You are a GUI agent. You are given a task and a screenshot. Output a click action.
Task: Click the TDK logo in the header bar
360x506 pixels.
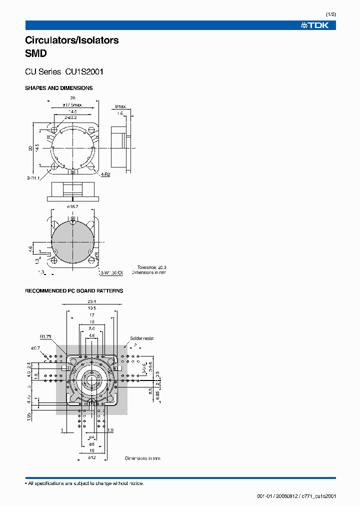point(314,25)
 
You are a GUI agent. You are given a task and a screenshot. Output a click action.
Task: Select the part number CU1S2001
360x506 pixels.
point(84,71)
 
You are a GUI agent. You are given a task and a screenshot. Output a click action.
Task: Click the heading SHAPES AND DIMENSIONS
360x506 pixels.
point(58,88)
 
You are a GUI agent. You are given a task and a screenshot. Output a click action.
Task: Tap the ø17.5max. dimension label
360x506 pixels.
point(72,105)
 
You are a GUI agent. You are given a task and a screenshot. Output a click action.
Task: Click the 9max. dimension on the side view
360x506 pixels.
point(120,106)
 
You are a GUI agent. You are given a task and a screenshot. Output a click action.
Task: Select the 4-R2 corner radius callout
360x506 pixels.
point(105,174)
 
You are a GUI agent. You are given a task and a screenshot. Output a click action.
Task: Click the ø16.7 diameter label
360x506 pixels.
point(72,205)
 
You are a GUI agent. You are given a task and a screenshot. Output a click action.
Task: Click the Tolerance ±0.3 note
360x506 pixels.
point(151,267)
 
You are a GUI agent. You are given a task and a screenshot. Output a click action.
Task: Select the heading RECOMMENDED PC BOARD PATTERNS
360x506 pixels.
point(74,290)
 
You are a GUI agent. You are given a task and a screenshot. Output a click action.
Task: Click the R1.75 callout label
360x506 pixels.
point(46,336)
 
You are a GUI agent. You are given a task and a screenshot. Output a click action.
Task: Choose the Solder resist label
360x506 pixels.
point(142,338)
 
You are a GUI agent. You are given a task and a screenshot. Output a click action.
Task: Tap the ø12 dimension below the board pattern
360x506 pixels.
point(91,457)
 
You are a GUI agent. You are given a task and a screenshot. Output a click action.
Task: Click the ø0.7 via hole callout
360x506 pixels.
point(35,347)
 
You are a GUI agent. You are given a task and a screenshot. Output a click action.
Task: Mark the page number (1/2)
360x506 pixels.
point(331,14)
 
